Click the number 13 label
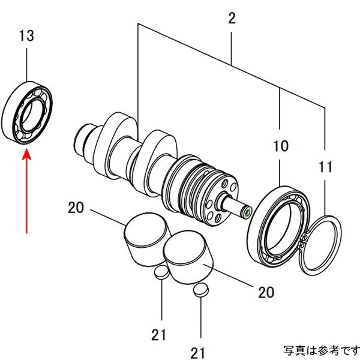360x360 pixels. (26, 36)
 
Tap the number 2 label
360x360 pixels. (232, 19)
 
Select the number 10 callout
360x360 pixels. (280, 146)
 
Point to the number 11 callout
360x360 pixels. (325, 167)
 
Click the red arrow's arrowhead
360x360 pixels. (26, 155)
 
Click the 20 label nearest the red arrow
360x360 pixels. (76, 208)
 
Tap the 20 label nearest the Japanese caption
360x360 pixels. (266, 292)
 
